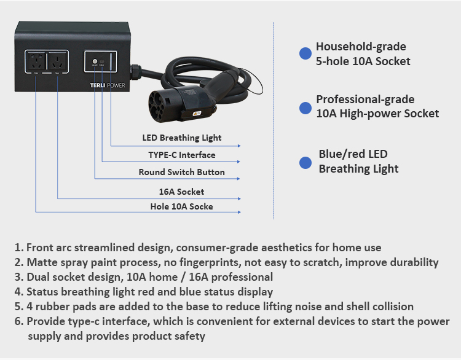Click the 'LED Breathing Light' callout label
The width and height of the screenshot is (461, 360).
click(182, 138)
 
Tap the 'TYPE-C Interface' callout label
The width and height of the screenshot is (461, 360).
click(182, 155)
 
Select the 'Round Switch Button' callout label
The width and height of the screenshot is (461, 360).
click(182, 172)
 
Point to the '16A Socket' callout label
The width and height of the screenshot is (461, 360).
click(182, 192)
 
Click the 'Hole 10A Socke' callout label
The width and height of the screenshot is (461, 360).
click(182, 206)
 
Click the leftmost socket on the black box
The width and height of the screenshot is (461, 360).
click(36, 63)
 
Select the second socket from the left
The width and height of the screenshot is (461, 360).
click(57, 63)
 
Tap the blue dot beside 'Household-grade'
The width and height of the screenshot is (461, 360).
click(305, 53)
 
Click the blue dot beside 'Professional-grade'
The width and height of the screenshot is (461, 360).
click(305, 108)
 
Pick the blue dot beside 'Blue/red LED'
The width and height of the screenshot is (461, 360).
click(305, 163)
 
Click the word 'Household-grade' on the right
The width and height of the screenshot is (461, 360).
click(361, 47)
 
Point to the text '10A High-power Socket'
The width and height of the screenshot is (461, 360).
click(377, 114)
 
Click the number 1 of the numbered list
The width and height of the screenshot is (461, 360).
click(18, 248)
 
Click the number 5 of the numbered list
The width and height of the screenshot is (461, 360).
click(18, 307)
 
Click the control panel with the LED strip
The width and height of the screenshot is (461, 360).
click(101, 63)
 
